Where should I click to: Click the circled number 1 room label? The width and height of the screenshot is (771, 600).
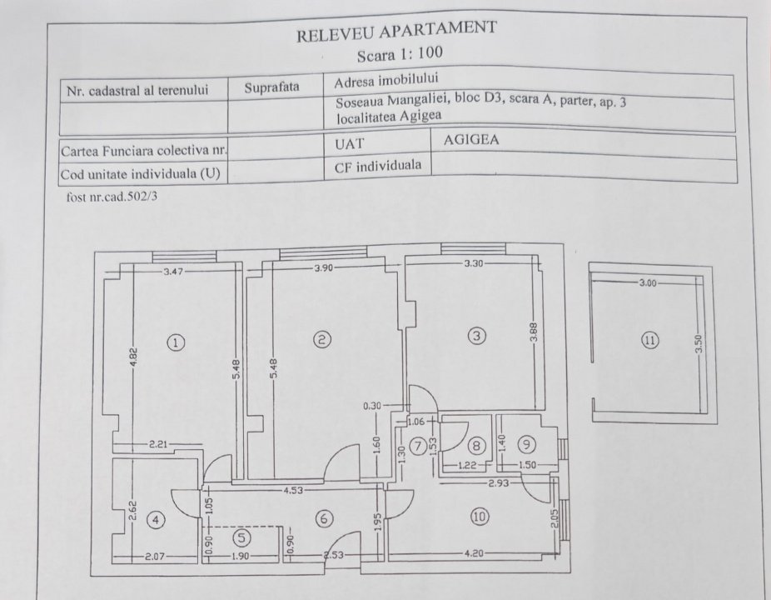coord(176,342)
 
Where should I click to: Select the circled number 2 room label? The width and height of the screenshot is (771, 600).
coord(322,339)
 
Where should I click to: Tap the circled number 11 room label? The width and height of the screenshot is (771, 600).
coord(650,340)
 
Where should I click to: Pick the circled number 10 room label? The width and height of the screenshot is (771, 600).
coord(480,517)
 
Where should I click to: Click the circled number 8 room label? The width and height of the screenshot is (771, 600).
coord(476,446)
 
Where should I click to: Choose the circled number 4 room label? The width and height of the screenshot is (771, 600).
coord(156,520)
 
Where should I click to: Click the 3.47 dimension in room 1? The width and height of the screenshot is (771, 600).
coord(173,271)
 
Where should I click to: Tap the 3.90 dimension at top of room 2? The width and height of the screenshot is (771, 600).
coord(323,268)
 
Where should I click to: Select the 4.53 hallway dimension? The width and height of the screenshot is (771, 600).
coord(293,490)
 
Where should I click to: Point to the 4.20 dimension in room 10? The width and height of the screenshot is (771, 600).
coord(474,553)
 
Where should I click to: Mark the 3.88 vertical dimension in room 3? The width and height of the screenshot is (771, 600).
coord(535,332)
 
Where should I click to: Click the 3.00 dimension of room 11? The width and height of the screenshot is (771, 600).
coord(648,283)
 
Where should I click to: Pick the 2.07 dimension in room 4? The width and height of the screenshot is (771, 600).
coord(155,557)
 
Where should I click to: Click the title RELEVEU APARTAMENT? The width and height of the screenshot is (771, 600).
coord(396,31)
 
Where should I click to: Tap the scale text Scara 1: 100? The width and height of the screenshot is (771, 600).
coord(400,53)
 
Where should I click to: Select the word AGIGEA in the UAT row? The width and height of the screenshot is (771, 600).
coord(471,140)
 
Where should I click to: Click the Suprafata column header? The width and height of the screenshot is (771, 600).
coord(271,87)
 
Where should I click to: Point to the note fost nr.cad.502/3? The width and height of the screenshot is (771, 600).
coord(112,197)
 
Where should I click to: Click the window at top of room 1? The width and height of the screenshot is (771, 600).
coord(184,257)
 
